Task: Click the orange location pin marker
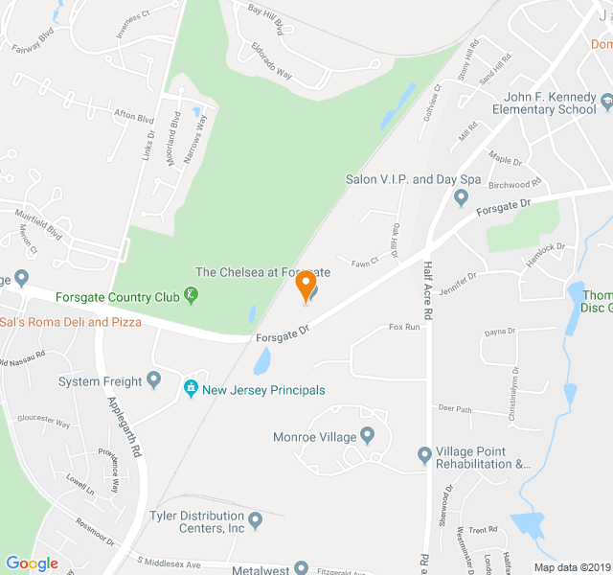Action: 306,286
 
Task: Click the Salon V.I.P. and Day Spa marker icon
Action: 461,197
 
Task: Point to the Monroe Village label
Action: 314,437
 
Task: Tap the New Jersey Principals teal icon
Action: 191,389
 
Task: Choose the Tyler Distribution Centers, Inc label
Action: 197,521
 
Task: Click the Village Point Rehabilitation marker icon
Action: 424,452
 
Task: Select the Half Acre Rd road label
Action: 427,291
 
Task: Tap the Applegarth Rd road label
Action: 125,425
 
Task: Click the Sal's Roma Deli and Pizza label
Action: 71,322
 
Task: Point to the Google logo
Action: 32,563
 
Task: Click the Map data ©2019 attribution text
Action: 571,567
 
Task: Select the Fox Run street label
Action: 404,327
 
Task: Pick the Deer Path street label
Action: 455,409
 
